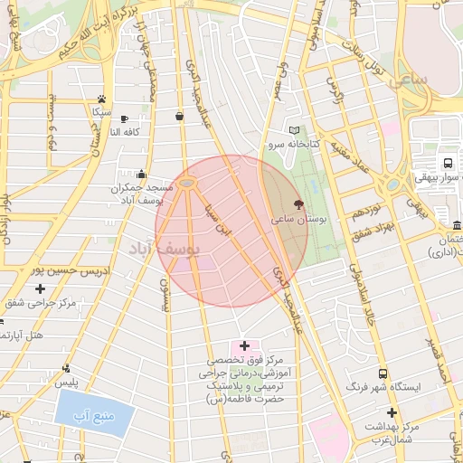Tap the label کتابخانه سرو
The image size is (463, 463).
(x=288, y=144)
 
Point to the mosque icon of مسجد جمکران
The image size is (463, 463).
(x=140, y=175)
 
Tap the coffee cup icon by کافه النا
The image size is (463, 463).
(x=125, y=118)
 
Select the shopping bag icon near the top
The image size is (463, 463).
(x=180, y=116)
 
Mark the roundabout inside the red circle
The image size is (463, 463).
(x=187, y=184)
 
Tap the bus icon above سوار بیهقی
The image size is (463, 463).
(x=447, y=164)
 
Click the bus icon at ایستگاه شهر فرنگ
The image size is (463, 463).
(x=384, y=373)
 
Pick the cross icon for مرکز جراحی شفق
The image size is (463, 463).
(x=40, y=288)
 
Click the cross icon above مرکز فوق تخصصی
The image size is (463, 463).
(x=244, y=346)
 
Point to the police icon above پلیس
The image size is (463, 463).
(x=65, y=368)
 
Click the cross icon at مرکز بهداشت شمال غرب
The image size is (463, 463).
(x=392, y=412)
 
